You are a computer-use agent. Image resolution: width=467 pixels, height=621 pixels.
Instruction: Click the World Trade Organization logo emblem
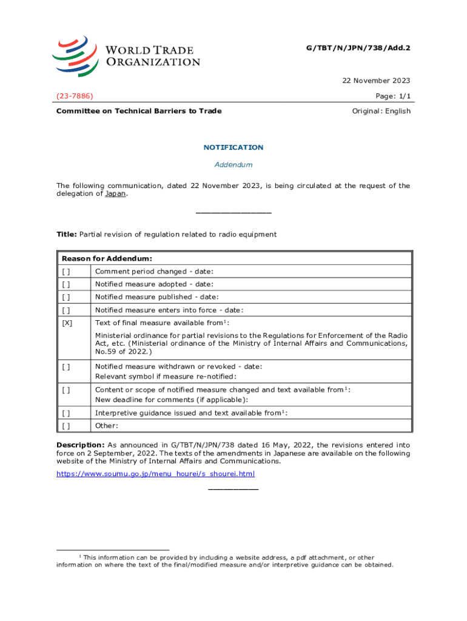pos(75,56)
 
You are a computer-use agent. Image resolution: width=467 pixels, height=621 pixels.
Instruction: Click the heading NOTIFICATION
pos(233,147)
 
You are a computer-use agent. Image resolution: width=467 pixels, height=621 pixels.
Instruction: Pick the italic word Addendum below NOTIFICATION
pos(233,164)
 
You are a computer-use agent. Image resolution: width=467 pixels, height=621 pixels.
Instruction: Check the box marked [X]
pos(67,323)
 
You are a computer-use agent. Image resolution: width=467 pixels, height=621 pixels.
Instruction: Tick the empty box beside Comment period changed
pos(66,271)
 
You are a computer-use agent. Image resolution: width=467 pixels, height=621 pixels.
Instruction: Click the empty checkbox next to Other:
pos(66,426)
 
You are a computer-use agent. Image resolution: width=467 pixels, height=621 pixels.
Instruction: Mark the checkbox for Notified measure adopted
pos(66,284)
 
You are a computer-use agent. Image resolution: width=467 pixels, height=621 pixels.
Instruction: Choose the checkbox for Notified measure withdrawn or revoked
pos(66,366)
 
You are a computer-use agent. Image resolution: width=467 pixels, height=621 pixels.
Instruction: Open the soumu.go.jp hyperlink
pos(155,474)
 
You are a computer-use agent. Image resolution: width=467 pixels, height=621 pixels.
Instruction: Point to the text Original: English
pos(381,111)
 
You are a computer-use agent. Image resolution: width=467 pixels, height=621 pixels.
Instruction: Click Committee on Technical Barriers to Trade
pos(139,111)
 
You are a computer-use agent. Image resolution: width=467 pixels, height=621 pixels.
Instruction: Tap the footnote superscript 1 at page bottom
pos(81,556)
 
